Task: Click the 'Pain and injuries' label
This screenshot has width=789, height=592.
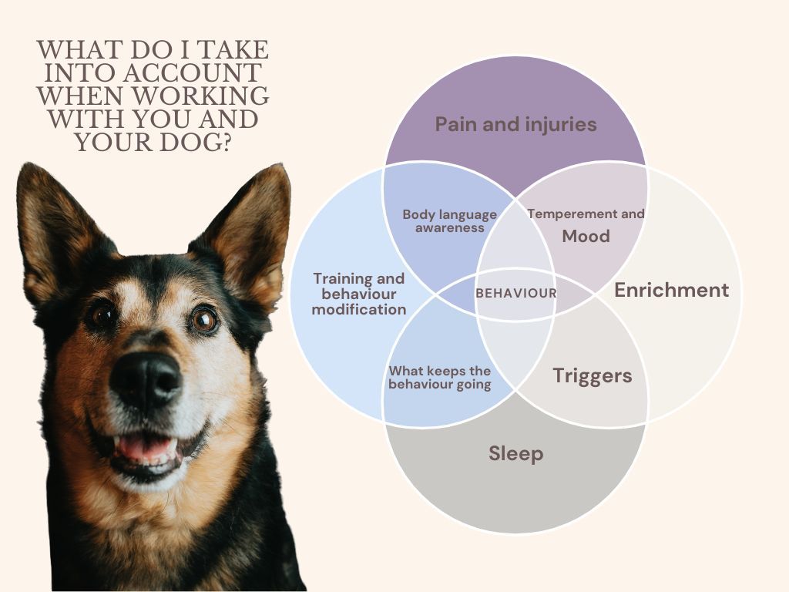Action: [515, 124]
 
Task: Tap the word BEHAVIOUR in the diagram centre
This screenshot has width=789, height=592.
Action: [515, 293]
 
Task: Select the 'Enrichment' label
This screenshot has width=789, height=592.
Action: [671, 290]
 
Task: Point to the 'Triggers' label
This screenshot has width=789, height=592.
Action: [592, 376]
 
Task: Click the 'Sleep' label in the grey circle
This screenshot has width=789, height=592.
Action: [515, 453]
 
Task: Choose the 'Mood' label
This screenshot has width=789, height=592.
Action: [586, 236]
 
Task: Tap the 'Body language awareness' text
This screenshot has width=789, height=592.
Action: [449, 220]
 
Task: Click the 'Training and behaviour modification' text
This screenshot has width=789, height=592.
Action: [359, 294]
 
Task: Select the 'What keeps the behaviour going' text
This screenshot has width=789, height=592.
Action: [439, 378]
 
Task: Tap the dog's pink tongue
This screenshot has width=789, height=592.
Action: [146, 447]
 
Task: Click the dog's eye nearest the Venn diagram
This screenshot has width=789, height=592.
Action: [203, 318]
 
